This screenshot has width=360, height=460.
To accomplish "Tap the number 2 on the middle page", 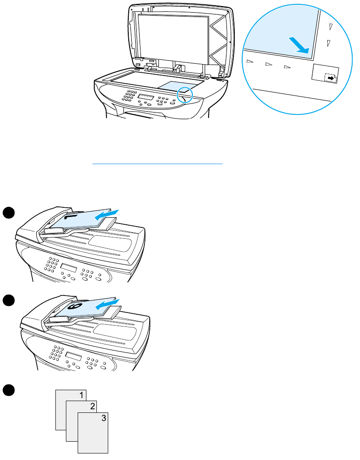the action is point(92,407).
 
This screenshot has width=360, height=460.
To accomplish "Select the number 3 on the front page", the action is point(103,418).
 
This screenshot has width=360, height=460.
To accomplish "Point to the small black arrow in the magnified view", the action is point(332,78).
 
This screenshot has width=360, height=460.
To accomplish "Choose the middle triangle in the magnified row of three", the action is point(268,65).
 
